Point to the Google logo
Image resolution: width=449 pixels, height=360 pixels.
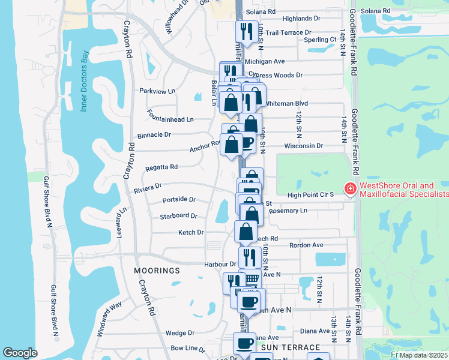pyautogui.click(x=20, y=353)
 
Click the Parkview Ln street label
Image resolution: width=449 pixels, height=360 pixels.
pyautogui.click(x=157, y=91)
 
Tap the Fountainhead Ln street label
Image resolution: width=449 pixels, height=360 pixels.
pyautogui.click(x=170, y=119)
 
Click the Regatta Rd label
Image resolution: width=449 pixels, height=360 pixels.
pyautogui.click(x=161, y=167)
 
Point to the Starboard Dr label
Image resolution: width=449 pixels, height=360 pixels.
pyautogui.click(x=179, y=216)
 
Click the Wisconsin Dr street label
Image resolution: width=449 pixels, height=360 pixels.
pyautogui.click(x=304, y=146)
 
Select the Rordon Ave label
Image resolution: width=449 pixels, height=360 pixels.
pyautogui.click(x=306, y=245)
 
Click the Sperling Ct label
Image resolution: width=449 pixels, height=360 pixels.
pyautogui.click(x=320, y=40)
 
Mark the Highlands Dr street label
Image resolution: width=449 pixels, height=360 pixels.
pyautogui.click(x=310, y=19)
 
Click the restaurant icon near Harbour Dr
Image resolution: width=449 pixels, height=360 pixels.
pyautogui.click(x=250, y=257)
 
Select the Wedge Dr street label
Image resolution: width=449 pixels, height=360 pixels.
pyautogui.click(x=180, y=333)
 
